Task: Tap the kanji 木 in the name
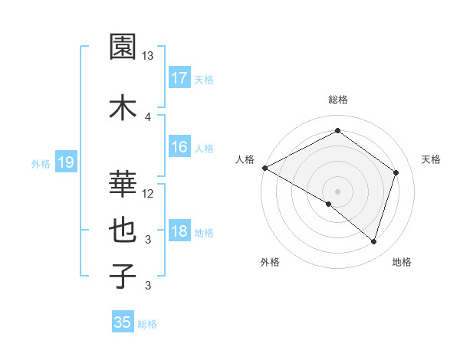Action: coord(124,106)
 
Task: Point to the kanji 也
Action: coord(124,230)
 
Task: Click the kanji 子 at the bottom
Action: coord(124,276)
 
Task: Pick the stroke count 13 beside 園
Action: coord(148,56)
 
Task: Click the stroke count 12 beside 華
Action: coord(148,193)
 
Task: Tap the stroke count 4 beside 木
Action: coord(148,116)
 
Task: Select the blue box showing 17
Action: coord(179,78)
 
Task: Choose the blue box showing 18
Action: coord(179,232)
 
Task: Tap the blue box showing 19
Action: coord(66,162)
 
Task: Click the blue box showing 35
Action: coord(123,322)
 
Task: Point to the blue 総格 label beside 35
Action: coord(148,324)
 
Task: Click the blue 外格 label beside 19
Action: coord(41,163)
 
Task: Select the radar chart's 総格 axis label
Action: coord(337,100)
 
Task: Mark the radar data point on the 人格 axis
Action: coord(264,168)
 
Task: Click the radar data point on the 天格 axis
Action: coord(396,172)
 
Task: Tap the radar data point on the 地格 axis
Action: coord(373,241)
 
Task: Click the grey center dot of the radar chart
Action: coord(337,191)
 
